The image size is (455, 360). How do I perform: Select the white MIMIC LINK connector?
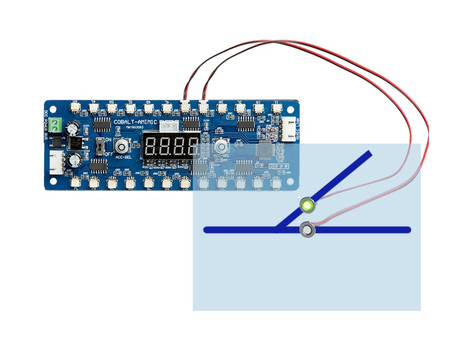(x=289, y=127)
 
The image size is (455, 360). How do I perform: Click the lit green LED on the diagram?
(x=307, y=205)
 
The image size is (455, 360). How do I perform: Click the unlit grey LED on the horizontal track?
(x=307, y=230)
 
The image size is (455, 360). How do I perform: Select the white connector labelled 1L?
(x=276, y=108)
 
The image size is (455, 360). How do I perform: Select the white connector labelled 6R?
(x=75, y=108)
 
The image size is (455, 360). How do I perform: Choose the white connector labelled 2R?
(x=221, y=108)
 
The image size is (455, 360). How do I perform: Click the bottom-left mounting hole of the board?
(x=51, y=181)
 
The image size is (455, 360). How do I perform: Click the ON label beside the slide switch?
(x=108, y=139)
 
